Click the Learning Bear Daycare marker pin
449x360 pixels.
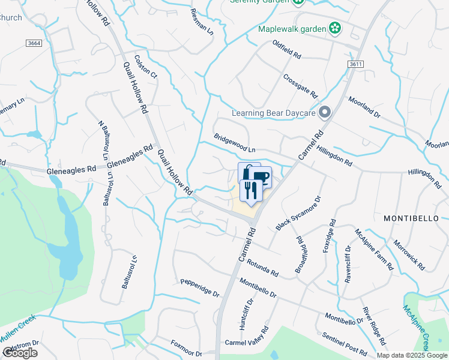[x=325, y=112]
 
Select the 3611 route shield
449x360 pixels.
[x=355, y=64]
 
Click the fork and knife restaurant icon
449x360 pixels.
[x=250, y=190]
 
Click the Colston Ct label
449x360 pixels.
[x=145, y=67]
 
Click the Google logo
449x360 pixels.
[x=20, y=353]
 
